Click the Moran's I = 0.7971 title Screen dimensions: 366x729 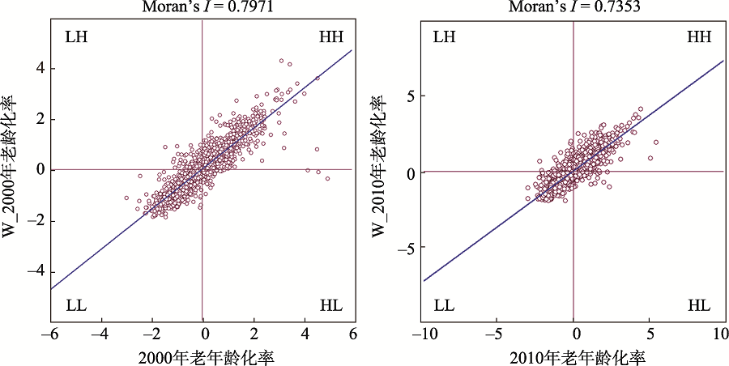202,7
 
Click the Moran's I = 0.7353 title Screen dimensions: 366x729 573,7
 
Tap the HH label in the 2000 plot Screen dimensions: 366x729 331,37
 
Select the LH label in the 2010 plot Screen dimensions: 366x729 445,37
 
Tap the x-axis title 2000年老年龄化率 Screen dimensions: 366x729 202,355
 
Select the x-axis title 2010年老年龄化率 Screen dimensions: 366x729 573,355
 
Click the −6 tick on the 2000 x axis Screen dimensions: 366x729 51,334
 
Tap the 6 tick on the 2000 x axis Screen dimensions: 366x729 353,334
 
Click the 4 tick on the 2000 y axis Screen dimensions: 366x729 37,68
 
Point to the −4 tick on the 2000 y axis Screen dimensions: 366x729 34,272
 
